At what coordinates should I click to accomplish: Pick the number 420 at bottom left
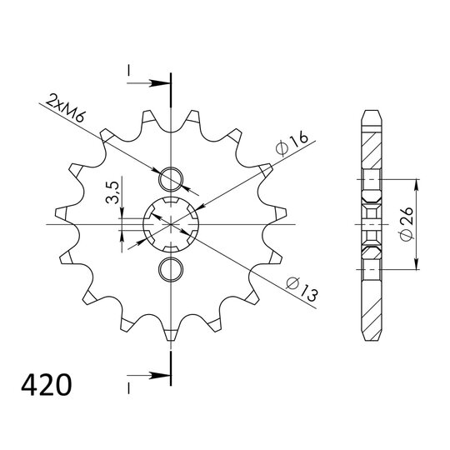[x=45, y=387]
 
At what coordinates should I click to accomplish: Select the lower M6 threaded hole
[x=171, y=268]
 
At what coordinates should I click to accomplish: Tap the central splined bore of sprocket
[x=171, y=224]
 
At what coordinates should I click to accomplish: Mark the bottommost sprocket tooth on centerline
[x=171, y=335]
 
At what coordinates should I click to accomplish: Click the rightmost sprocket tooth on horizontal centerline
[x=279, y=224]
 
